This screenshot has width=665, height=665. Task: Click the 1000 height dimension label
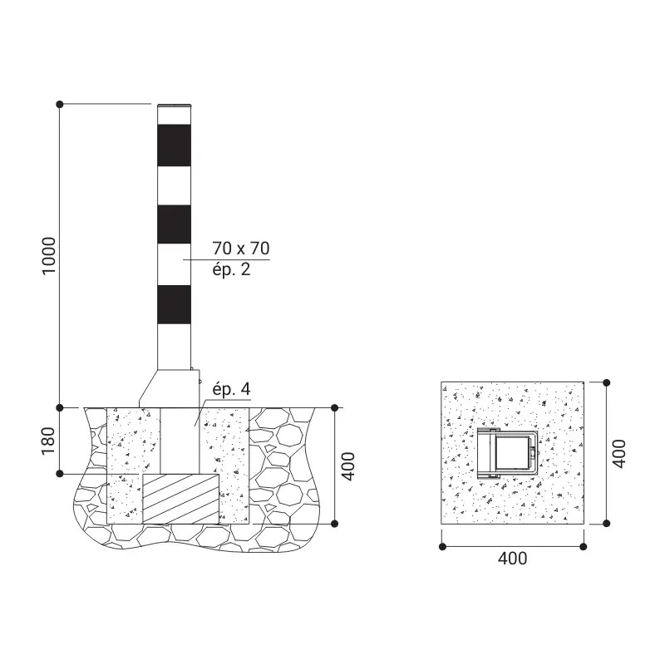[x=49, y=256]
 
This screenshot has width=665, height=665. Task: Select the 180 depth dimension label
[x=48, y=441]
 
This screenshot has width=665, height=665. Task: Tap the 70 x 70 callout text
[x=241, y=248]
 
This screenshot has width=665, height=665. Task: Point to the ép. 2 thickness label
[x=232, y=269]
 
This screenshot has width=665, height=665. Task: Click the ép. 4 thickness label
[x=232, y=389]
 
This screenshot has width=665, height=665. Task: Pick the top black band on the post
[x=174, y=145]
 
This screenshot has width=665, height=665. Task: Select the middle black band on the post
[x=174, y=224]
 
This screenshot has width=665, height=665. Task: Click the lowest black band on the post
[x=174, y=305]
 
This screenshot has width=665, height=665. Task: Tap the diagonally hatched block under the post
[x=180, y=499]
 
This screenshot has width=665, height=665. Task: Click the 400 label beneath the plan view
[x=513, y=558]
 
